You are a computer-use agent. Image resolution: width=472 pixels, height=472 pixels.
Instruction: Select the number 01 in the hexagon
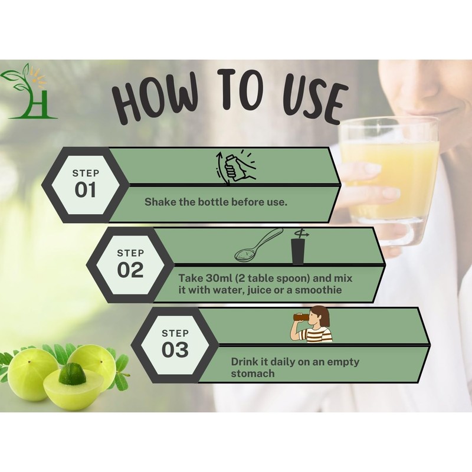click(86, 190)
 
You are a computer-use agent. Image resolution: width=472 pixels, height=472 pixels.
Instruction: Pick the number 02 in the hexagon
click(130, 270)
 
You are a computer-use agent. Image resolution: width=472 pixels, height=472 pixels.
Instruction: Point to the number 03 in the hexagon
click(175, 350)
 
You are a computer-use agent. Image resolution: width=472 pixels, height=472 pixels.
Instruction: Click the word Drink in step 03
click(244, 362)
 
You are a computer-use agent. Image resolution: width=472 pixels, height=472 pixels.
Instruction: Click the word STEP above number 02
click(130, 253)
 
